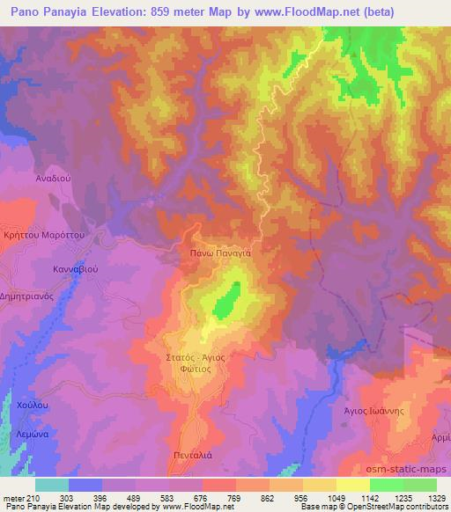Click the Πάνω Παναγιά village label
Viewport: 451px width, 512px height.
(221, 252)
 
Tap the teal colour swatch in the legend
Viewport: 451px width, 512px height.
(51, 484)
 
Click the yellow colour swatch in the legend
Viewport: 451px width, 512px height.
(352, 484)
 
